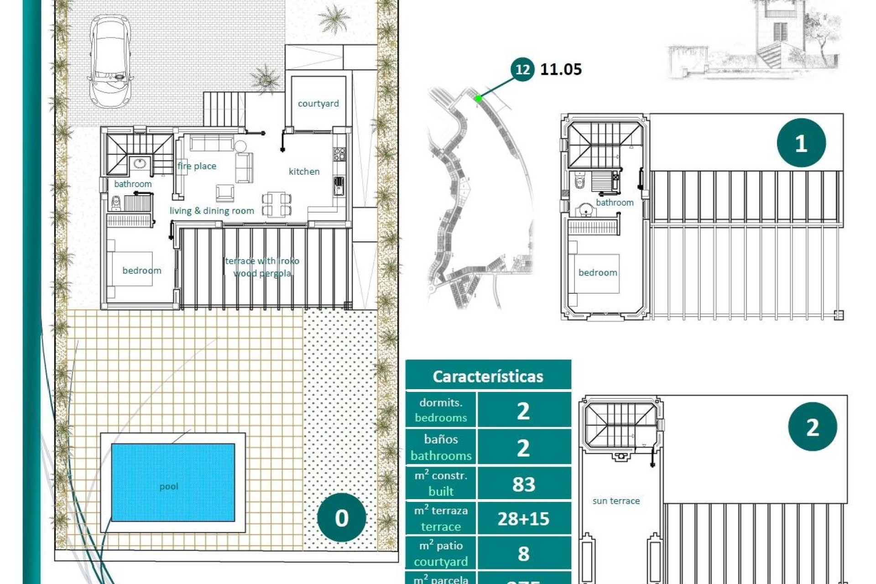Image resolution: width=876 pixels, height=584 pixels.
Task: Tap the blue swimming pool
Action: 173,482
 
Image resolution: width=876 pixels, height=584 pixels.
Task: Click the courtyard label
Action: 318,104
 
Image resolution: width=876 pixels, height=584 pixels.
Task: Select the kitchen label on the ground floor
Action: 304,172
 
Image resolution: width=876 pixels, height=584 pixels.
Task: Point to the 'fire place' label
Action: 197,166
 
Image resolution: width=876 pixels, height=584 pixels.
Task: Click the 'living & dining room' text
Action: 212,211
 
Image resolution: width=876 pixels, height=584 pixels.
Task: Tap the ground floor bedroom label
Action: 141,271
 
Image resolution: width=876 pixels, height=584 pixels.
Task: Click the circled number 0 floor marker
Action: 341,517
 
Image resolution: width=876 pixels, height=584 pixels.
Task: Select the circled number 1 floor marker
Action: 801,143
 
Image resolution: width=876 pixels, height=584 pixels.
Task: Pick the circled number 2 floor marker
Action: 812,427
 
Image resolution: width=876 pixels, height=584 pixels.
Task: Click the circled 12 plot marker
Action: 522,69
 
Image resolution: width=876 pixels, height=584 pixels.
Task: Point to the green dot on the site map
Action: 478,98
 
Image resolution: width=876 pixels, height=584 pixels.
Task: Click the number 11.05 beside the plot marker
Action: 561,69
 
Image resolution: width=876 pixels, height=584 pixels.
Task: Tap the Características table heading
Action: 488,376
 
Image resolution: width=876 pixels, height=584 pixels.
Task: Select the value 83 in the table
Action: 523,484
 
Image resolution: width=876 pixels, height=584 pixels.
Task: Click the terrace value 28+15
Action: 523,519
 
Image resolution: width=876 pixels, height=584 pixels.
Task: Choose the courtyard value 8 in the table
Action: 523,553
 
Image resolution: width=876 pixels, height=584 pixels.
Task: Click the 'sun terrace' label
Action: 616,501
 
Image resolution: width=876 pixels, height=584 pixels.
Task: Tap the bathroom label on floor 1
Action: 615,203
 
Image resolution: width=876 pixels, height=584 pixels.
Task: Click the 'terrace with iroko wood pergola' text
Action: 262,267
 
